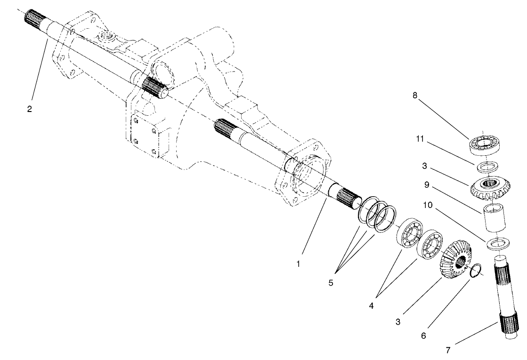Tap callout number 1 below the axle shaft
pyautogui.click(x=298, y=264)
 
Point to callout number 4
pyautogui.click(x=372, y=305)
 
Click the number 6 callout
pyautogui.click(x=423, y=336)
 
